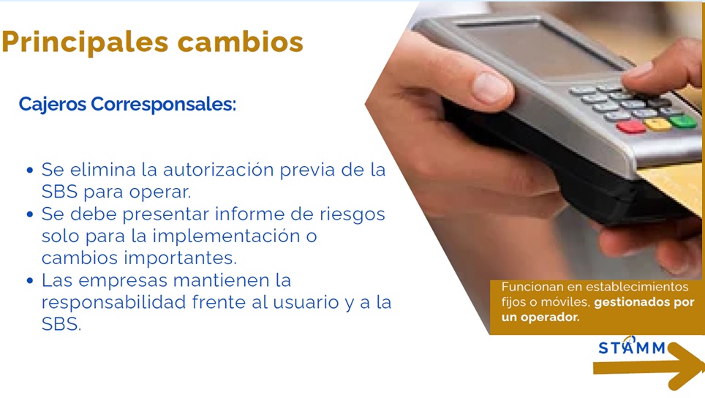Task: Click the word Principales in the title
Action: point(85,42)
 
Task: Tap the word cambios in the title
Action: point(241,42)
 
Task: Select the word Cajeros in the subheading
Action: point(52,105)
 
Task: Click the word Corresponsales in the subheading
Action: point(163,105)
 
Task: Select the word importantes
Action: point(180,258)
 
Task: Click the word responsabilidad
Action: point(114,301)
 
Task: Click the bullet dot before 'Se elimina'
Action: point(30,170)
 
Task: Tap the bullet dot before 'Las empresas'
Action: point(30,281)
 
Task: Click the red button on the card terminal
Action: point(631,127)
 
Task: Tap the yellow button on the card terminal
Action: point(658,124)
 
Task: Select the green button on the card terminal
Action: point(683,121)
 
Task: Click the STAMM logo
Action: point(632,347)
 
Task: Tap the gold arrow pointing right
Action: point(649,367)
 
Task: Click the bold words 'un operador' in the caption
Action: point(540,318)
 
